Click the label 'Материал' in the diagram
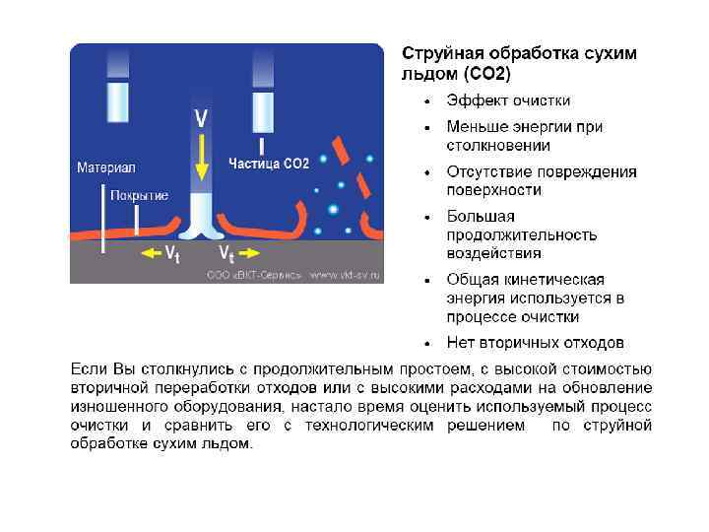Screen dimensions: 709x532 click(x=105, y=167)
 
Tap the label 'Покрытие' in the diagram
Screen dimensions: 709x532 click(x=139, y=195)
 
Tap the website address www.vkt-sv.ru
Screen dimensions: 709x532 click(x=344, y=275)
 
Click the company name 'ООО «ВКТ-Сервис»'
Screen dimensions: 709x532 click(x=254, y=275)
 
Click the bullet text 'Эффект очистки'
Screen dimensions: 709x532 click(x=508, y=100)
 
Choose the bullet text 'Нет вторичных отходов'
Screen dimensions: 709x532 click(x=535, y=343)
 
